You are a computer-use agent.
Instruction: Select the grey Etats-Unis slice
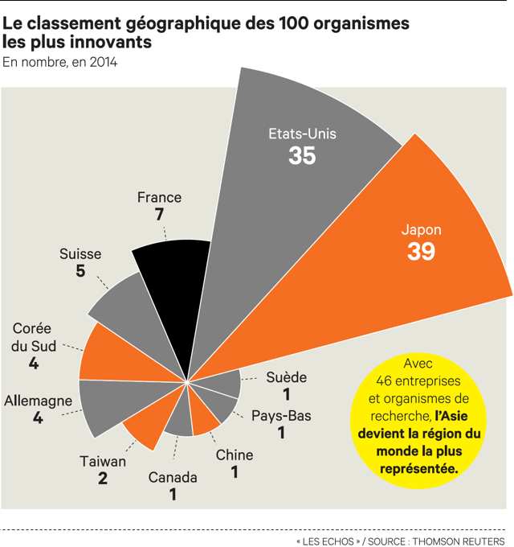coord(289,201)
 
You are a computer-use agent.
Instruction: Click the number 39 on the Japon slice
coord(421,252)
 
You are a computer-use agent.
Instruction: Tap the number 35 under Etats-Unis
coord(302,156)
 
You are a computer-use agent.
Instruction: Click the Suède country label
coord(287,377)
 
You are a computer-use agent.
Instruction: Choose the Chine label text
coord(235,455)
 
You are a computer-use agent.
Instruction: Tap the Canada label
coord(173,478)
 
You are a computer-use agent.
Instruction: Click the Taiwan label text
coord(103,462)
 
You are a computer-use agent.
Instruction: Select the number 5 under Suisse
coord(80,272)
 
